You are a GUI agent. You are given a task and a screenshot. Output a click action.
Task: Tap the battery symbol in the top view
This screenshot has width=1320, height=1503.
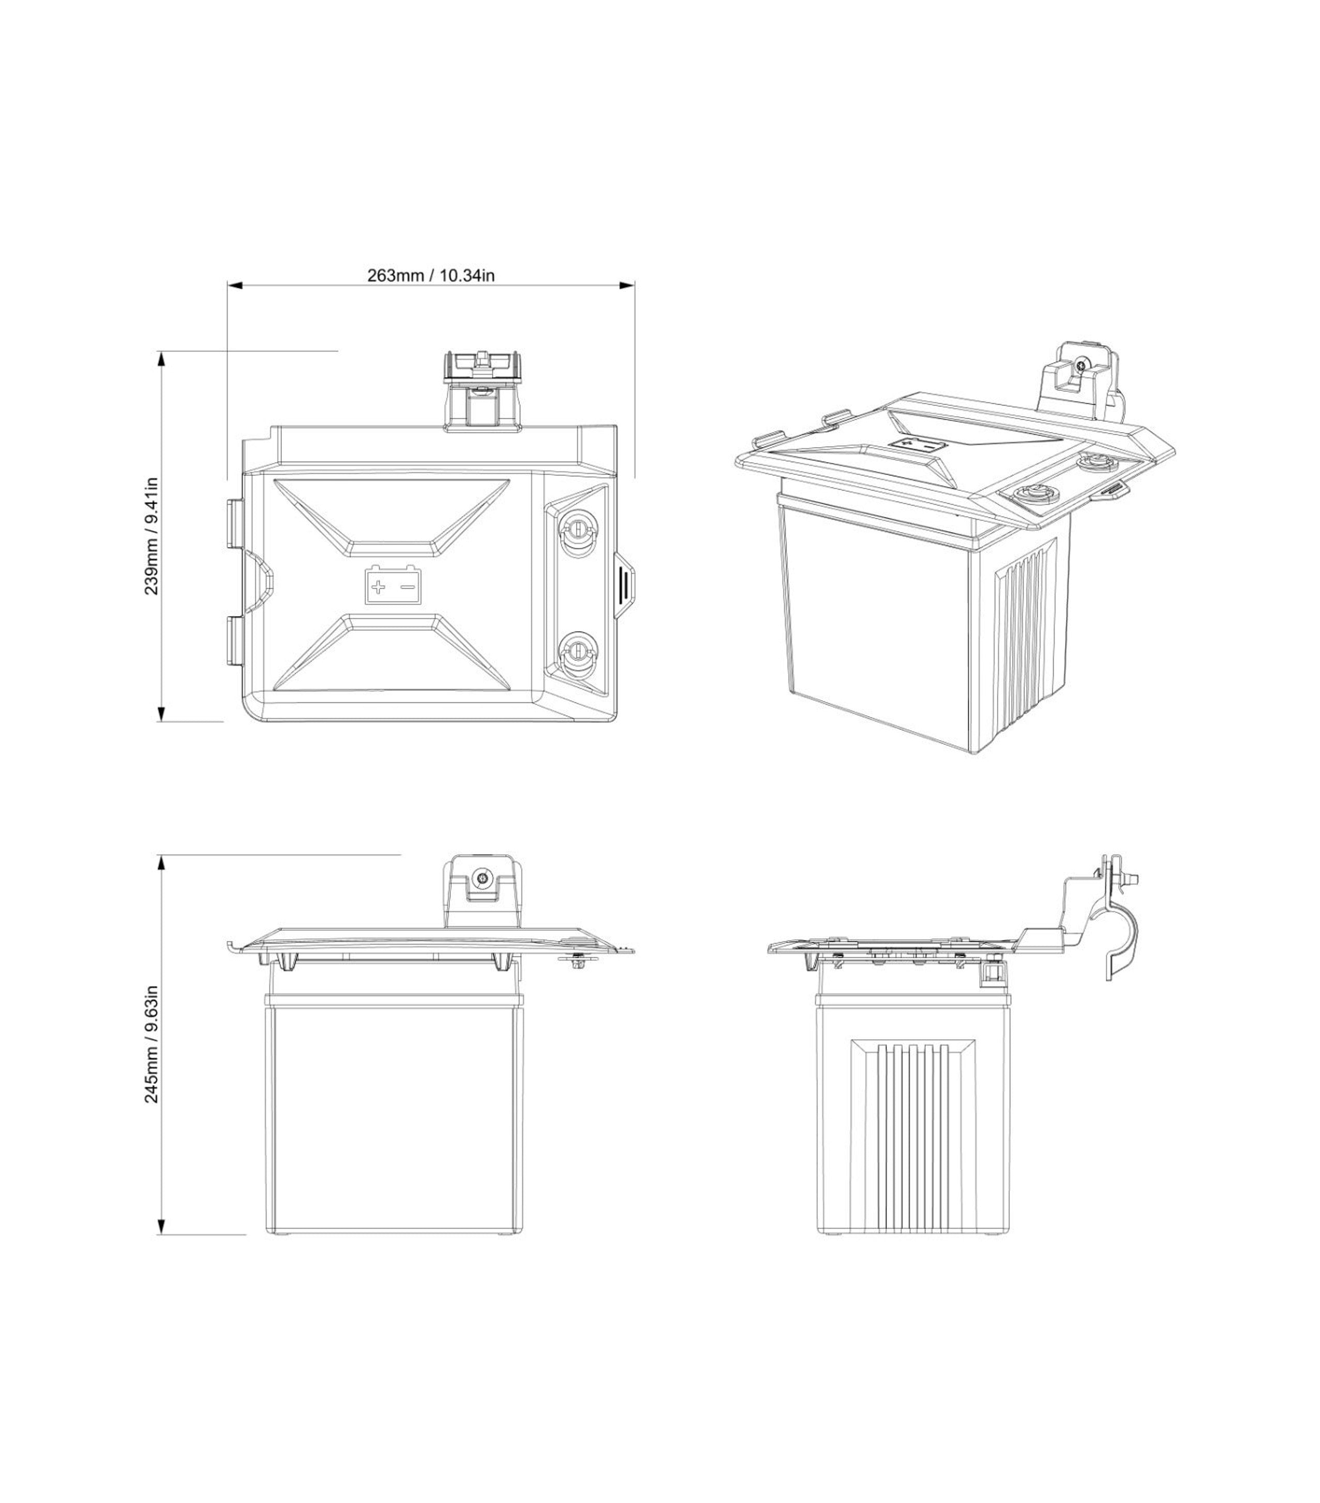[x=393, y=585]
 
